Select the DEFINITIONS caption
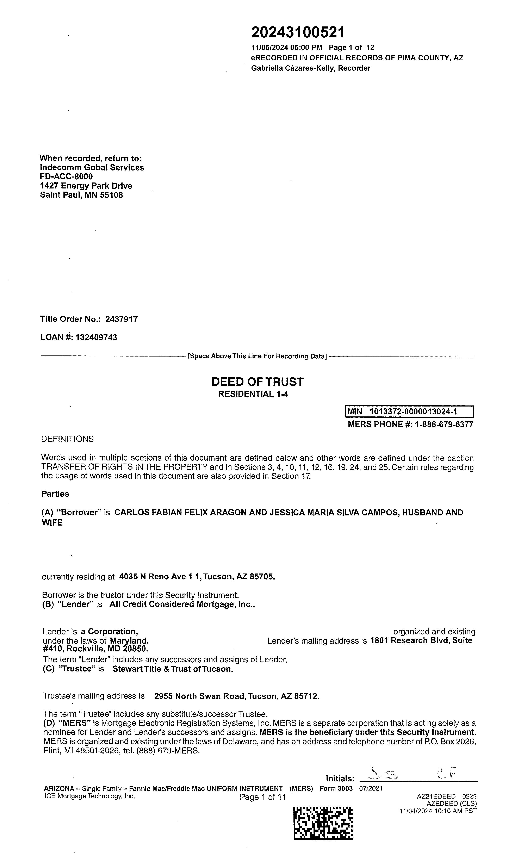pyautogui.click(x=67, y=439)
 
